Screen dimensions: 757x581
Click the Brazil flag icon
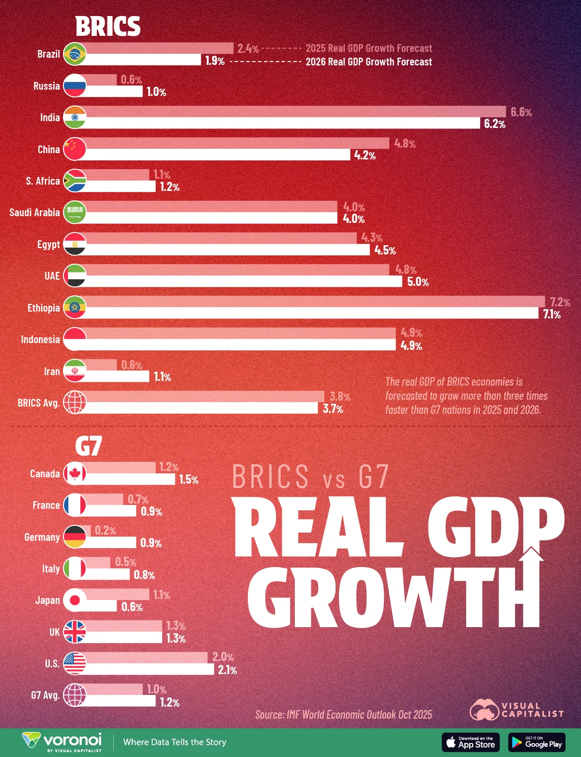[x=75, y=54]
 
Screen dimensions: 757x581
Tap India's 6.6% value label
[x=521, y=112]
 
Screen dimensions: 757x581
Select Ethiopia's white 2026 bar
[x=310, y=314]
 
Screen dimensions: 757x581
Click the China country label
[x=48, y=149]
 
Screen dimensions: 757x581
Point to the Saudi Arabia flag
[x=75, y=212]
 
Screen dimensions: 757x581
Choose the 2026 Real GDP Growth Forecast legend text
[x=368, y=62]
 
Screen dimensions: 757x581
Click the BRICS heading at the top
[x=108, y=26]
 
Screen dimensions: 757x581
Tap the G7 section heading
[x=89, y=446]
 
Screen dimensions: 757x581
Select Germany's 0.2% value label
[x=105, y=531]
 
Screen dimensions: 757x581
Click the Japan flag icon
[x=75, y=600]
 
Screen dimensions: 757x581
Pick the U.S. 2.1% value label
[x=227, y=670]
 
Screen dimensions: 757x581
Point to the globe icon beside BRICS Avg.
[x=75, y=402]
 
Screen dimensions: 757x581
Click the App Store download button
[x=470, y=742]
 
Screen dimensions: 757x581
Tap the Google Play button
[x=536, y=742]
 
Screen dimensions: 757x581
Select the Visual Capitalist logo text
[x=532, y=710]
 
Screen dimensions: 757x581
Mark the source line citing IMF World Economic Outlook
[x=343, y=714]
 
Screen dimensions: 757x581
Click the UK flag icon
[x=75, y=632]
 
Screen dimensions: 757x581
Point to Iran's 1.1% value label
[x=162, y=377]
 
